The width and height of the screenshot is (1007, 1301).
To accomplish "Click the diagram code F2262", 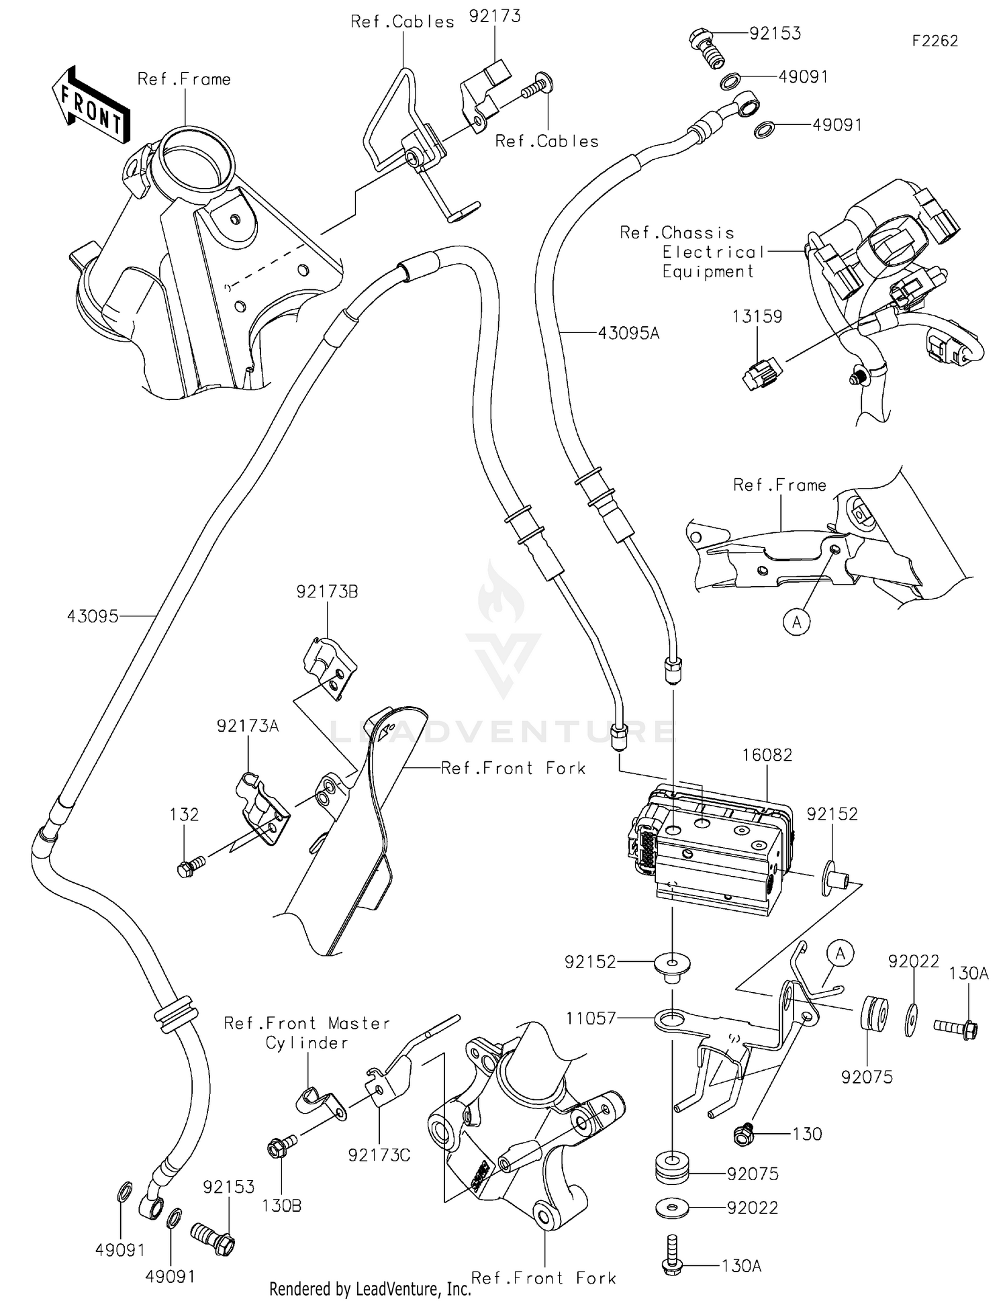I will pyautogui.click(x=934, y=41).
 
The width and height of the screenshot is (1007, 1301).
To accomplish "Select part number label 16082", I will pyautogui.click(x=767, y=755).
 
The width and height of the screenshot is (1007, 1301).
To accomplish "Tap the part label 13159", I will pyautogui.click(x=757, y=316).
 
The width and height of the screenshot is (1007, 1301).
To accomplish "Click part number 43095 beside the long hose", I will pyautogui.click(x=92, y=616).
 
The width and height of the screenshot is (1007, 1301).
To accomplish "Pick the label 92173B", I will pyautogui.click(x=326, y=591).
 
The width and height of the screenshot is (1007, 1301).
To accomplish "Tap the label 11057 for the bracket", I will pyautogui.click(x=590, y=1018).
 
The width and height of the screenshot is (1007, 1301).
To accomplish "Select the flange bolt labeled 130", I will pyautogui.click(x=745, y=1135).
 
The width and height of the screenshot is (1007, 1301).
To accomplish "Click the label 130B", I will pyautogui.click(x=281, y=1206).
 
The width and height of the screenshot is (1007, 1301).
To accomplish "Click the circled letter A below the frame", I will pyautogui.click(x=796, y=622).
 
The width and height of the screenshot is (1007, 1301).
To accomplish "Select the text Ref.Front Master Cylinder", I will pyautogui.click(x=306, y=1032).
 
